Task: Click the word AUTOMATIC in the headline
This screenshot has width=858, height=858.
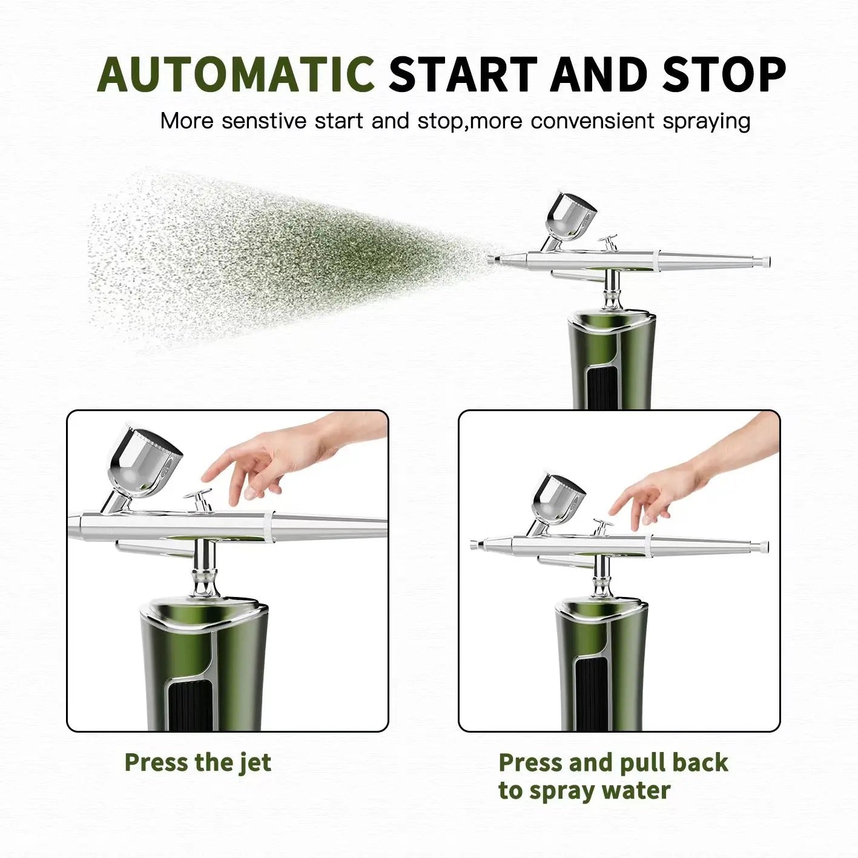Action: tap(236, 75)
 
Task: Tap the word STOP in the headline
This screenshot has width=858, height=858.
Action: tap(724, 75)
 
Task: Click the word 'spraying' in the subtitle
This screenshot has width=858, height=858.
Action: tap(706, 121)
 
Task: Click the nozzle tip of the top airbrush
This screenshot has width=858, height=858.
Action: tap(491, 259)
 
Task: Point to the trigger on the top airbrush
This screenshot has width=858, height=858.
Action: tap(608, 242)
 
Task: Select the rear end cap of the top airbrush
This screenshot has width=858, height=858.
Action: tap(765, 262)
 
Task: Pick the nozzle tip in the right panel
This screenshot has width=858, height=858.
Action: tap(474, 544)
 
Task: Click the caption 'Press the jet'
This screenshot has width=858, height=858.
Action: tap(197, 762)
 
